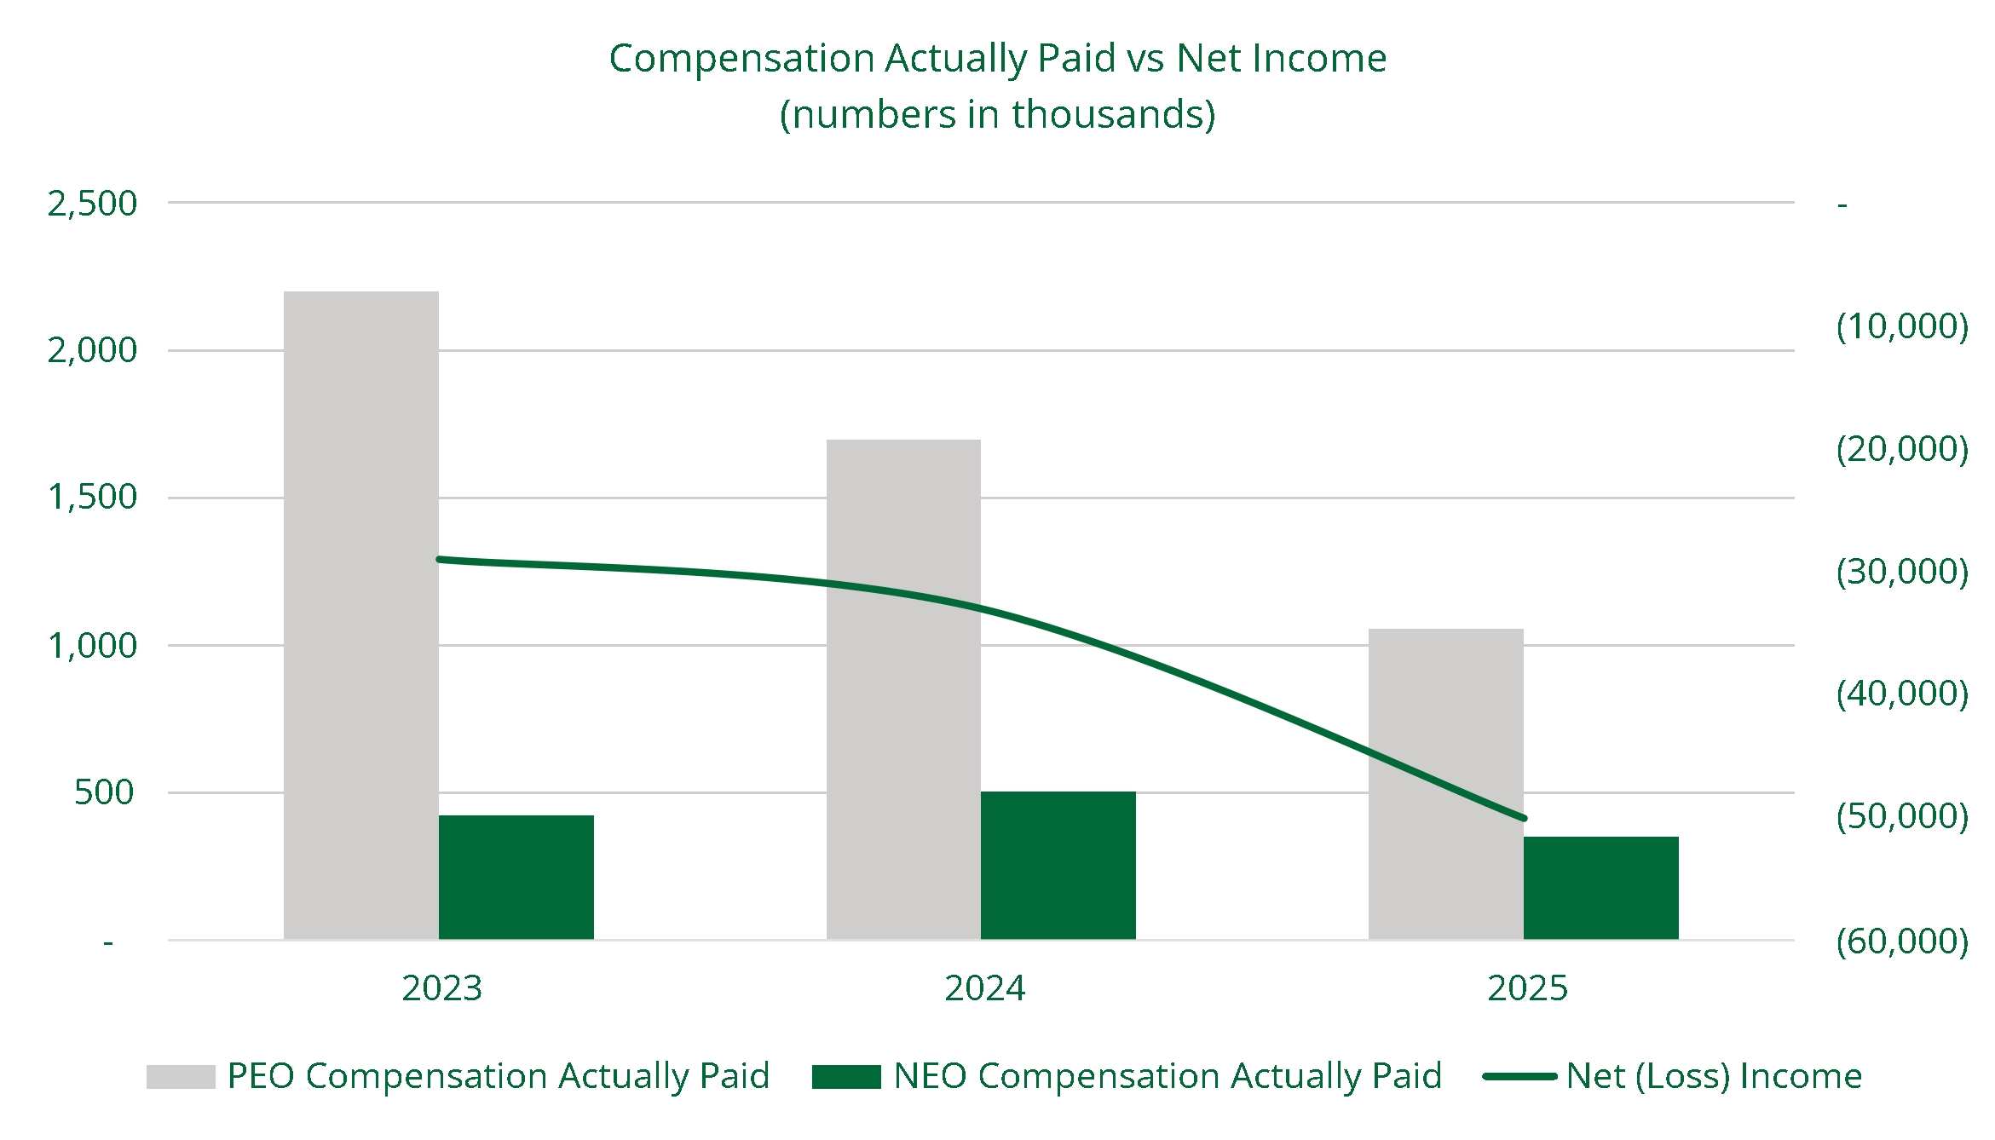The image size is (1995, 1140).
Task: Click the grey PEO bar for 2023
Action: coord(360,613)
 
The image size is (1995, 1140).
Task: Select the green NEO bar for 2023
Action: coord(516,878)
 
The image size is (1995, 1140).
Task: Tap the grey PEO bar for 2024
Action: coord(903,690)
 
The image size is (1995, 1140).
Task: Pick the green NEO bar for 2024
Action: coord(1058,866)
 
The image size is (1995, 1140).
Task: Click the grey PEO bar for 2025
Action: coord(1445,784)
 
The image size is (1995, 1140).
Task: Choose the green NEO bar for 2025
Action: coord(1600,888)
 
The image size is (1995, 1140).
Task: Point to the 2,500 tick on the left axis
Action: coord(92,204)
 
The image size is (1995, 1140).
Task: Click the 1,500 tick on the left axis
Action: coord(92,498)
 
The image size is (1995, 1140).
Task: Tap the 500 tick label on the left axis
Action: coord(104,792)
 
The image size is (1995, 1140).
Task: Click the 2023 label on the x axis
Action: coord(441,988)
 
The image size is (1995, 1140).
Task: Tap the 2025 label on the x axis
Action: coord(1527,988)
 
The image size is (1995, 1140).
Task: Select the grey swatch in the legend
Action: coord(181,1077)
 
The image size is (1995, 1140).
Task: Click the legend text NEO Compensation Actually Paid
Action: coord(1168,1076)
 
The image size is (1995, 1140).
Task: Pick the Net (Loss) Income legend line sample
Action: coord(1519,1077)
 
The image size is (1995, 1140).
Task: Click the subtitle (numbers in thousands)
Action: coord(997,114)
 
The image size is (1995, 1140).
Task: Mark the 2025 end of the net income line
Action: coord(1524,819)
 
